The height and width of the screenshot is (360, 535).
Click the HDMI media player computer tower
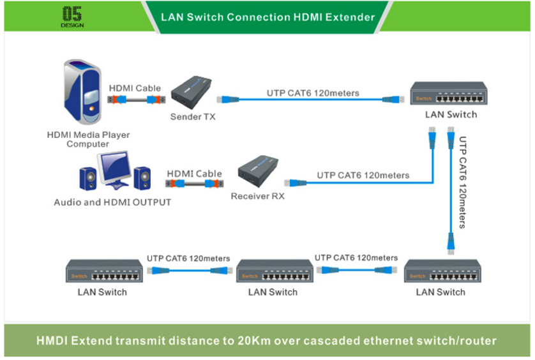coord(83,93)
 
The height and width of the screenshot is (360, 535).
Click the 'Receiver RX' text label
coord(257,196)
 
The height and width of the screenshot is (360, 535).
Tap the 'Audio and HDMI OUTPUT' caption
coord(112,202)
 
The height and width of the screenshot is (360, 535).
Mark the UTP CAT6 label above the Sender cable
coord(313,93)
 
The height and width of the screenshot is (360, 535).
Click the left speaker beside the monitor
coord(87,179)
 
